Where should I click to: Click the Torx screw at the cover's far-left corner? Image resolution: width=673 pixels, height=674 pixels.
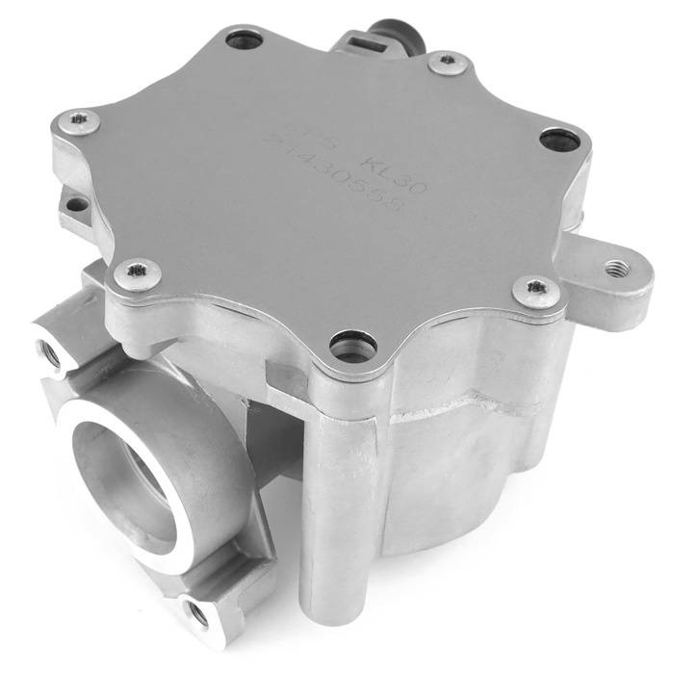79,121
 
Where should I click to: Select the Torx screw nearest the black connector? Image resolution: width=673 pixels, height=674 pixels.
446,64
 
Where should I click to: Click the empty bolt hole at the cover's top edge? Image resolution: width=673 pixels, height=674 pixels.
245,40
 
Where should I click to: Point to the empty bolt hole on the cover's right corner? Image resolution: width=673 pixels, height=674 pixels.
559,141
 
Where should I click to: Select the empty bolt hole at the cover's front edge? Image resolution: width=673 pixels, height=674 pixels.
351,343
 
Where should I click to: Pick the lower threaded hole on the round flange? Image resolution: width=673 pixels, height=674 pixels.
196,609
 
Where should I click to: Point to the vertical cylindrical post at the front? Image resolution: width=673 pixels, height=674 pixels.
333,501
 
